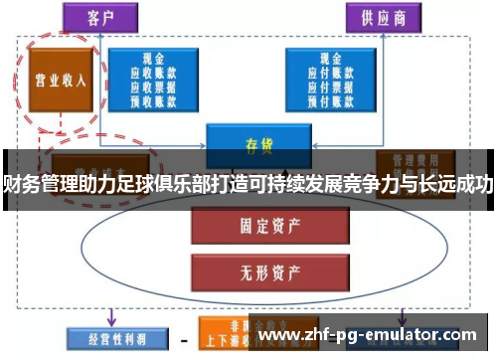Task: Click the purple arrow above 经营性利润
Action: [x=112, y=316]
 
